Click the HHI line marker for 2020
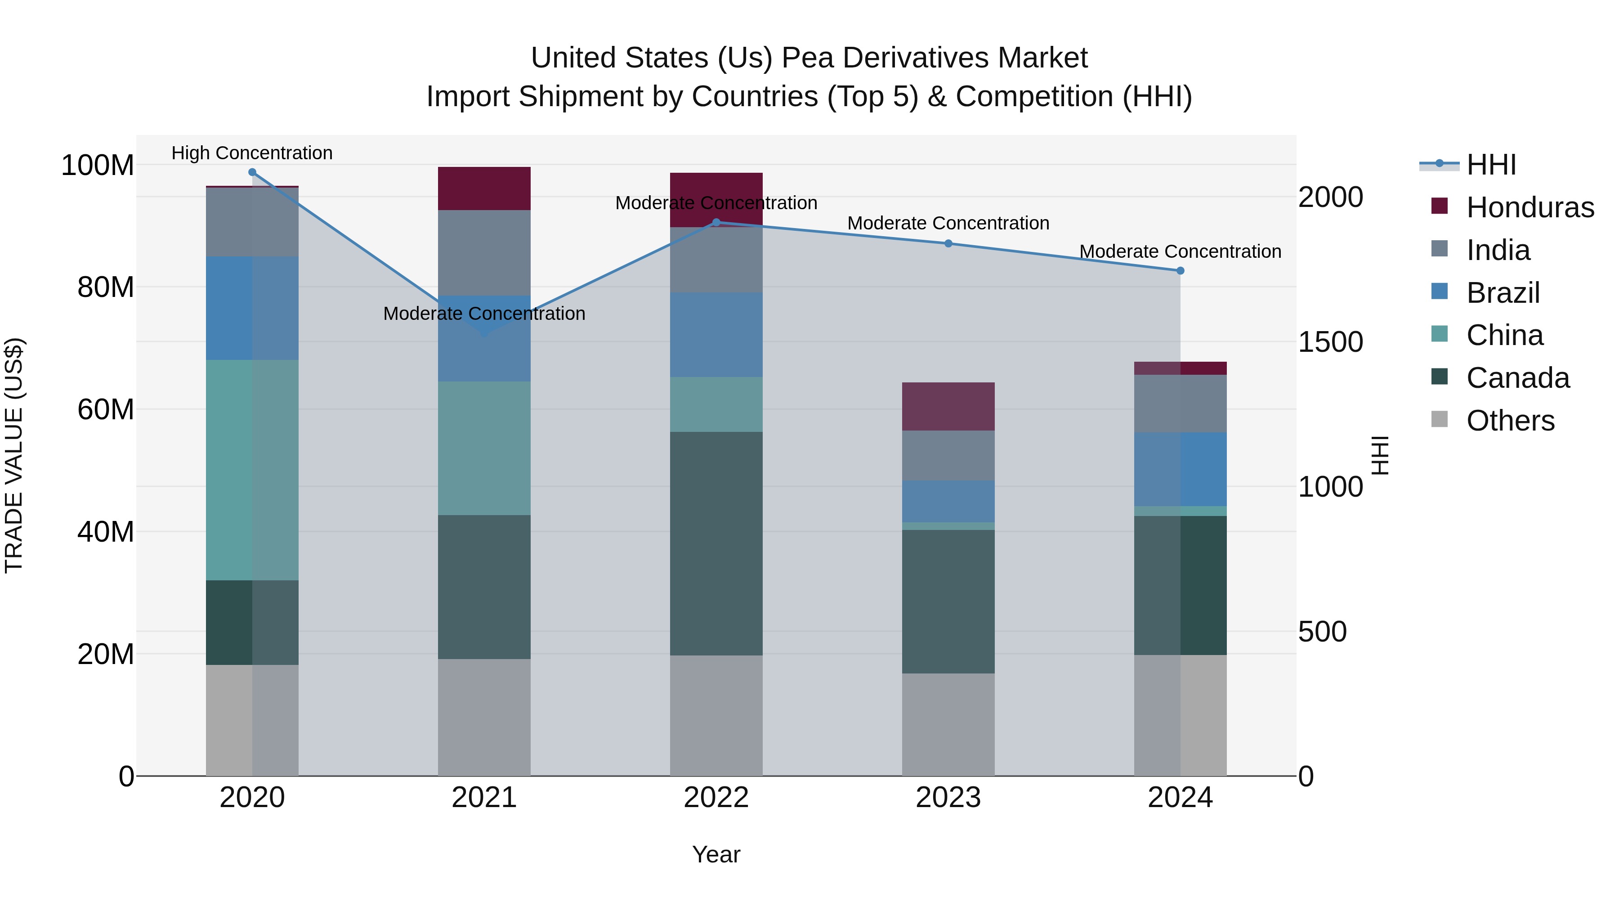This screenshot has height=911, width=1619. pyautogui.click(x=252, y=172)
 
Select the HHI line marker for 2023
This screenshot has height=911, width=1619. pyautogui.click(x=948, y=243)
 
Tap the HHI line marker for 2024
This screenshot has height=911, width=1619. pyautogui.click(x=1181, y=271)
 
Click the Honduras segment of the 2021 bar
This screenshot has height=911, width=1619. pyautogui.click(x=484, y=188)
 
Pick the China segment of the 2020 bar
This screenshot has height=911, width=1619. pyautogui.click(x=252, y=470)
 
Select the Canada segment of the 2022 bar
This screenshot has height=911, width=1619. pyautogui.click(x=716, y=544)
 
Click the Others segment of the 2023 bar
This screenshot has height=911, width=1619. pyautogui.click(x=948, y=724)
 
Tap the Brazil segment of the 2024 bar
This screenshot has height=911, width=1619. pyautogui.click(x=1181, y=469)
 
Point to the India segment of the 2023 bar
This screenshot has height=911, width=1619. pyautogui.click(x=948, y=456)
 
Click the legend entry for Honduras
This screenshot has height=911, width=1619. pyautogui.click(x=1530, y=207)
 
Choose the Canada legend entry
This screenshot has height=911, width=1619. pyautogui.click(x=1517, y=378)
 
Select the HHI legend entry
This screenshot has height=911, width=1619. pyautogui.click(x=1491, y=165)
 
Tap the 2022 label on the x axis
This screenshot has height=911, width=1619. pyautogui.click(x=716, y=798)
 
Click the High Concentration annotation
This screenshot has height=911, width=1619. pyautogui.click(x=252, y=153)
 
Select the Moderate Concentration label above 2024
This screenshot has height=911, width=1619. pyautogui.click(x=1181, y=251)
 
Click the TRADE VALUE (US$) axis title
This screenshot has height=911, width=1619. pyautogui.click(x=14, y=455)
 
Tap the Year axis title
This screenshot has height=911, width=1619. pyautogui.click(x=716, y=854)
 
